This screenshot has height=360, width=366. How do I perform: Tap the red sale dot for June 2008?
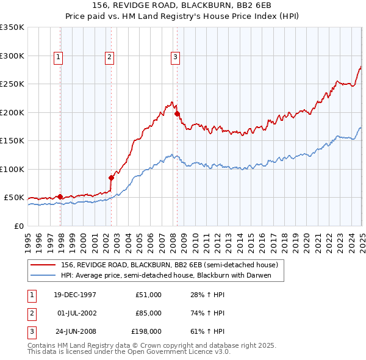point(177,113)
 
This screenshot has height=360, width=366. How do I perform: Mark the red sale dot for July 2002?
point(111,178)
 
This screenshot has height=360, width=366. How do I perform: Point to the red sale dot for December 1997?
point(60,196)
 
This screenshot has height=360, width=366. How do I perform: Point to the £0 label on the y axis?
point(19,226)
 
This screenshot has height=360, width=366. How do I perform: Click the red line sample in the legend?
point(43,265)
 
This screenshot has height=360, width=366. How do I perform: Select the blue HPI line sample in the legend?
point(43,275)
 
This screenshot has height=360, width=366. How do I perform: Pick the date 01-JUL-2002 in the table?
point(76,313)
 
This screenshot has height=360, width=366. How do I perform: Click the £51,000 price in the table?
point(148,295)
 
